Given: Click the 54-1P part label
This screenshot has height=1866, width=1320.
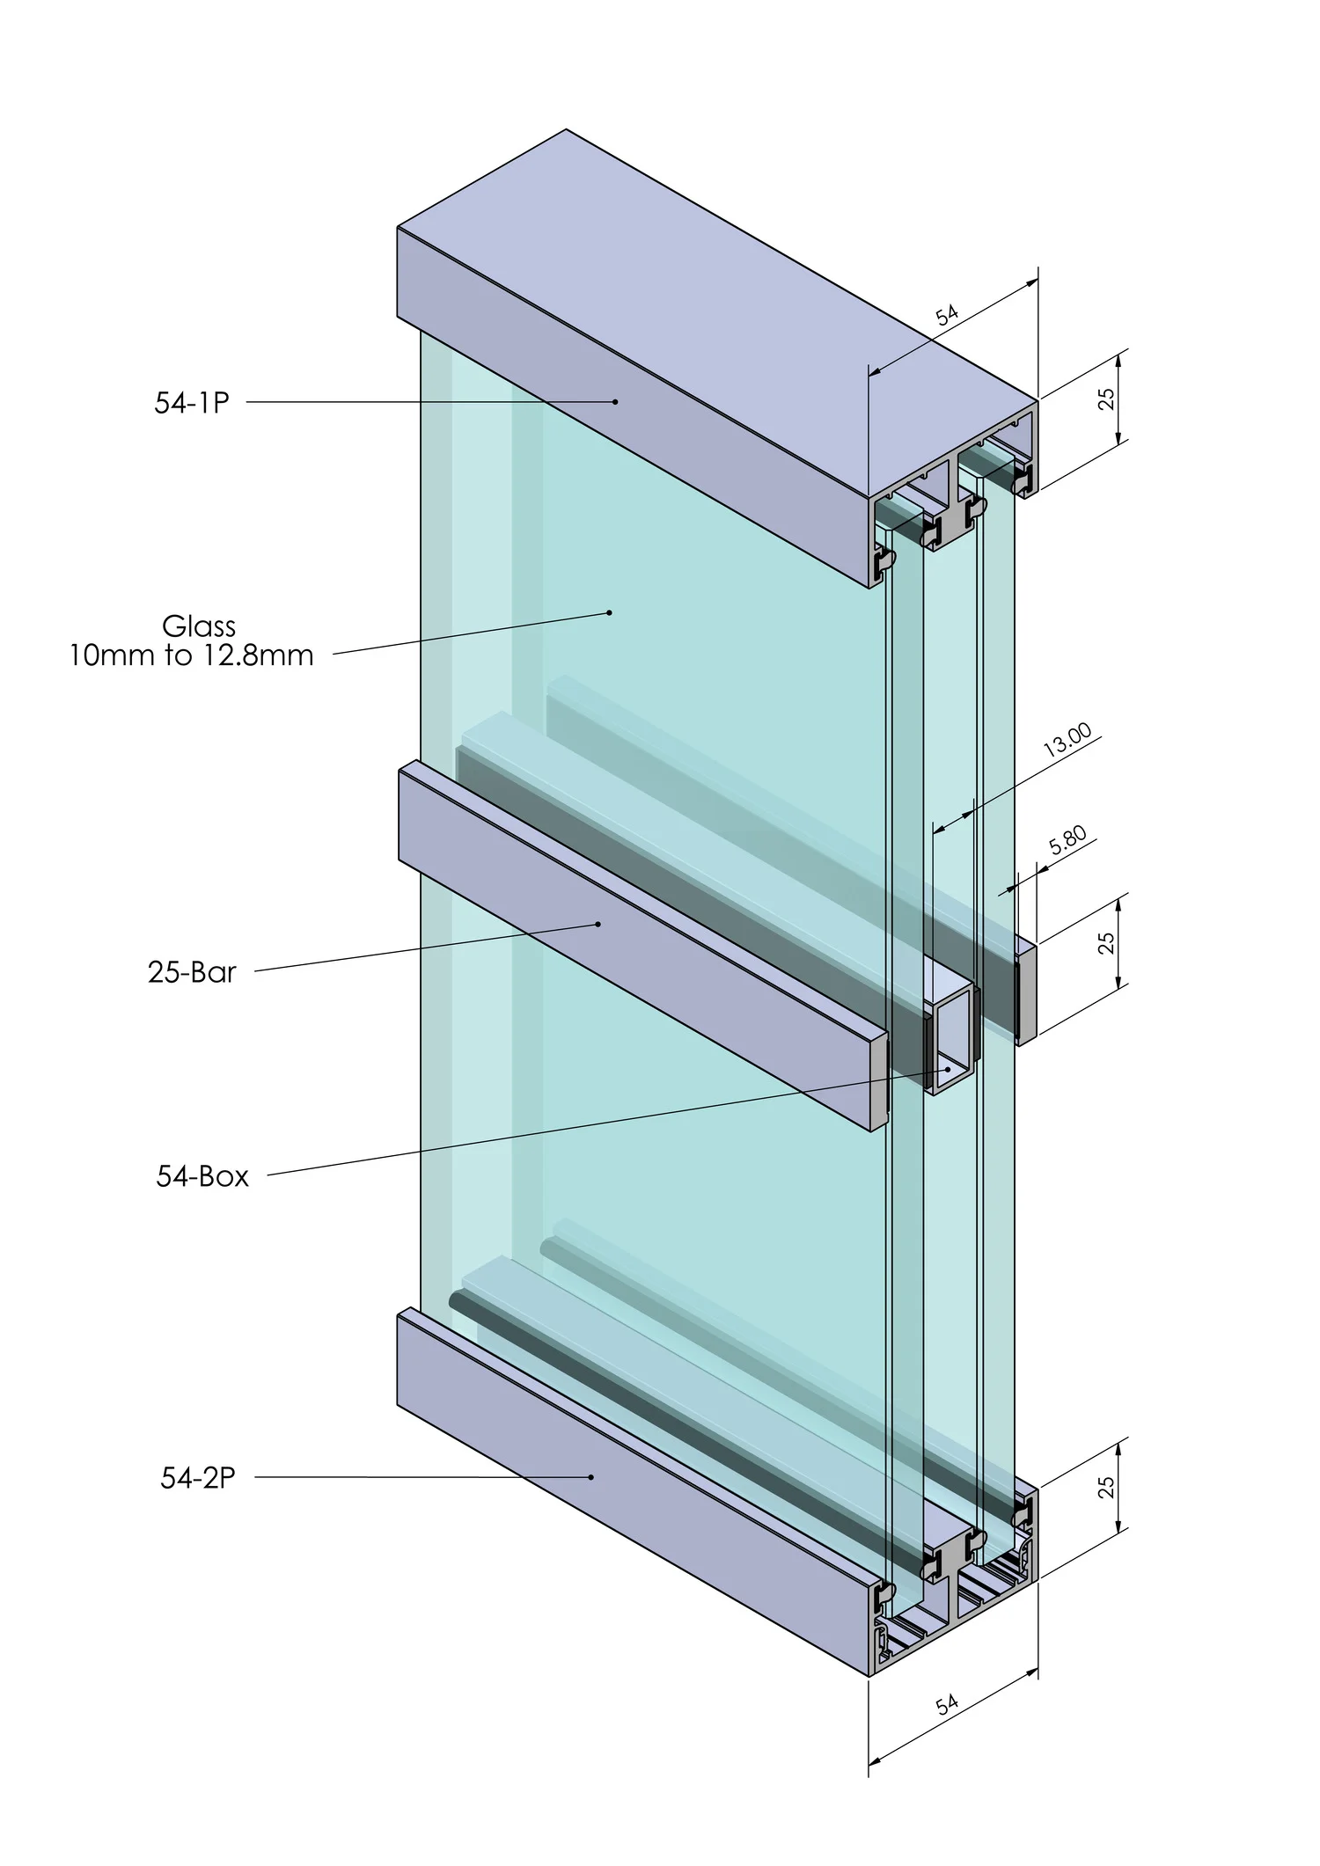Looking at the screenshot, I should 192,402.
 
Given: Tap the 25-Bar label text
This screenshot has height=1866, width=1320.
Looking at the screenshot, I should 192,972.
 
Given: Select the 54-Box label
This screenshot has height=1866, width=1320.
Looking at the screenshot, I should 202,1176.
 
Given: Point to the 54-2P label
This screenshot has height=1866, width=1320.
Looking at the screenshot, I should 198,1478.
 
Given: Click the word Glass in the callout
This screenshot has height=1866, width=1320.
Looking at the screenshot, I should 199,626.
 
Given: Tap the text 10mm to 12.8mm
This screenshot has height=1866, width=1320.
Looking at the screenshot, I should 192,655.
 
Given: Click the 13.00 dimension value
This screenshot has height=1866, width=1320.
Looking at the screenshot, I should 1067,740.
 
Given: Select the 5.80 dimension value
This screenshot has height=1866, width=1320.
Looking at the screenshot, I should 1068,841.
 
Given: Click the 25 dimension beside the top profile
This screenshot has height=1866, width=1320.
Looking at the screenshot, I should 1108,399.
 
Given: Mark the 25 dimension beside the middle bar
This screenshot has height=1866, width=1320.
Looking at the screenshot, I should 1108,942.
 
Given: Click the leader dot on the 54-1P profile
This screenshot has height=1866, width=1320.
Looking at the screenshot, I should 616,402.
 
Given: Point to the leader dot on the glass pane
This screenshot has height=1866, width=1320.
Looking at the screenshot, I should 610,611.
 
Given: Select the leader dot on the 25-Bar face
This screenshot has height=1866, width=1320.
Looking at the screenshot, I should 598,924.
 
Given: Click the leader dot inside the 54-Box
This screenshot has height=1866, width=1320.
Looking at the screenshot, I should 948,1069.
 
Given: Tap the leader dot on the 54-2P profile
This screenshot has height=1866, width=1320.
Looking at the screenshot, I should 591,1477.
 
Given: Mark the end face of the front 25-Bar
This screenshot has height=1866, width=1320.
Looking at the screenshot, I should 880,1081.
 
